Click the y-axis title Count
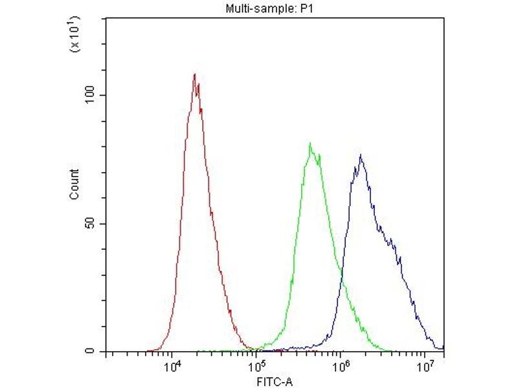point(74,184)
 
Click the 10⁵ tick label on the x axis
point(256,367)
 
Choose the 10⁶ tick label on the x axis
point(341,367)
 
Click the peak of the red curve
point(194,74)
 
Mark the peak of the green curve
point(311,144)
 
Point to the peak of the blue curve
point(361,155)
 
